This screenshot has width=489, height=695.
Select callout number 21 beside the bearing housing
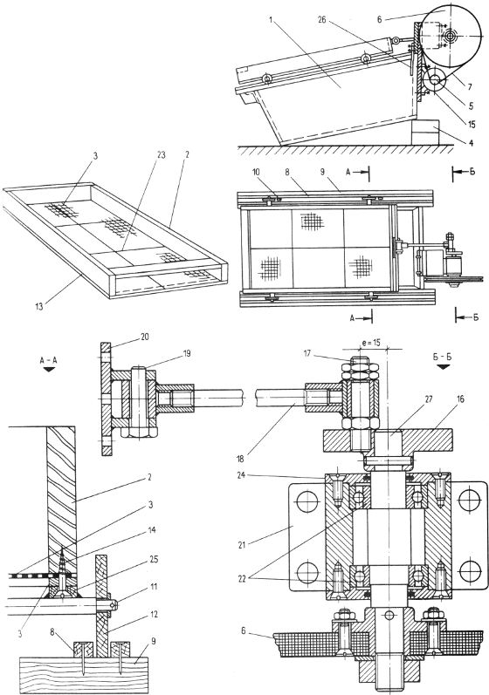point(242,545)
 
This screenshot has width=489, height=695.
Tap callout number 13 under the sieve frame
point(39,305)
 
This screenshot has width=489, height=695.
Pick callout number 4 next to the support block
point(472,143)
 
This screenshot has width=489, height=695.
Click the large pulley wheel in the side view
point(452,33)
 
